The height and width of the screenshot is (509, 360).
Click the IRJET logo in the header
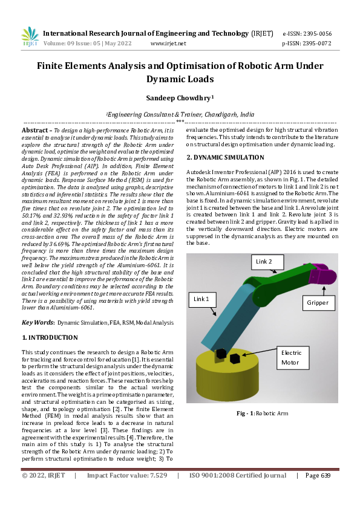click(x=30, y=37)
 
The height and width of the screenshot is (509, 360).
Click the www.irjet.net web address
click(x=168, y=44)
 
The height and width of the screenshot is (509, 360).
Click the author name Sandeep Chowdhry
click(x=180, y=97)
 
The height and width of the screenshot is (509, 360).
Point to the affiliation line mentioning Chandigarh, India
click(x=180, y=113)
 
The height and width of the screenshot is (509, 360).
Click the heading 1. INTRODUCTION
click(x=50, y=337)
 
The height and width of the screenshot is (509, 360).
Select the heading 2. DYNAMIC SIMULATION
click(x=225, y=158)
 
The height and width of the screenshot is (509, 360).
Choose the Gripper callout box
click(x=317, y=302)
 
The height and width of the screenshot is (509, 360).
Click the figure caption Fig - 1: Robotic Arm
click(x=262, y=413)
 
